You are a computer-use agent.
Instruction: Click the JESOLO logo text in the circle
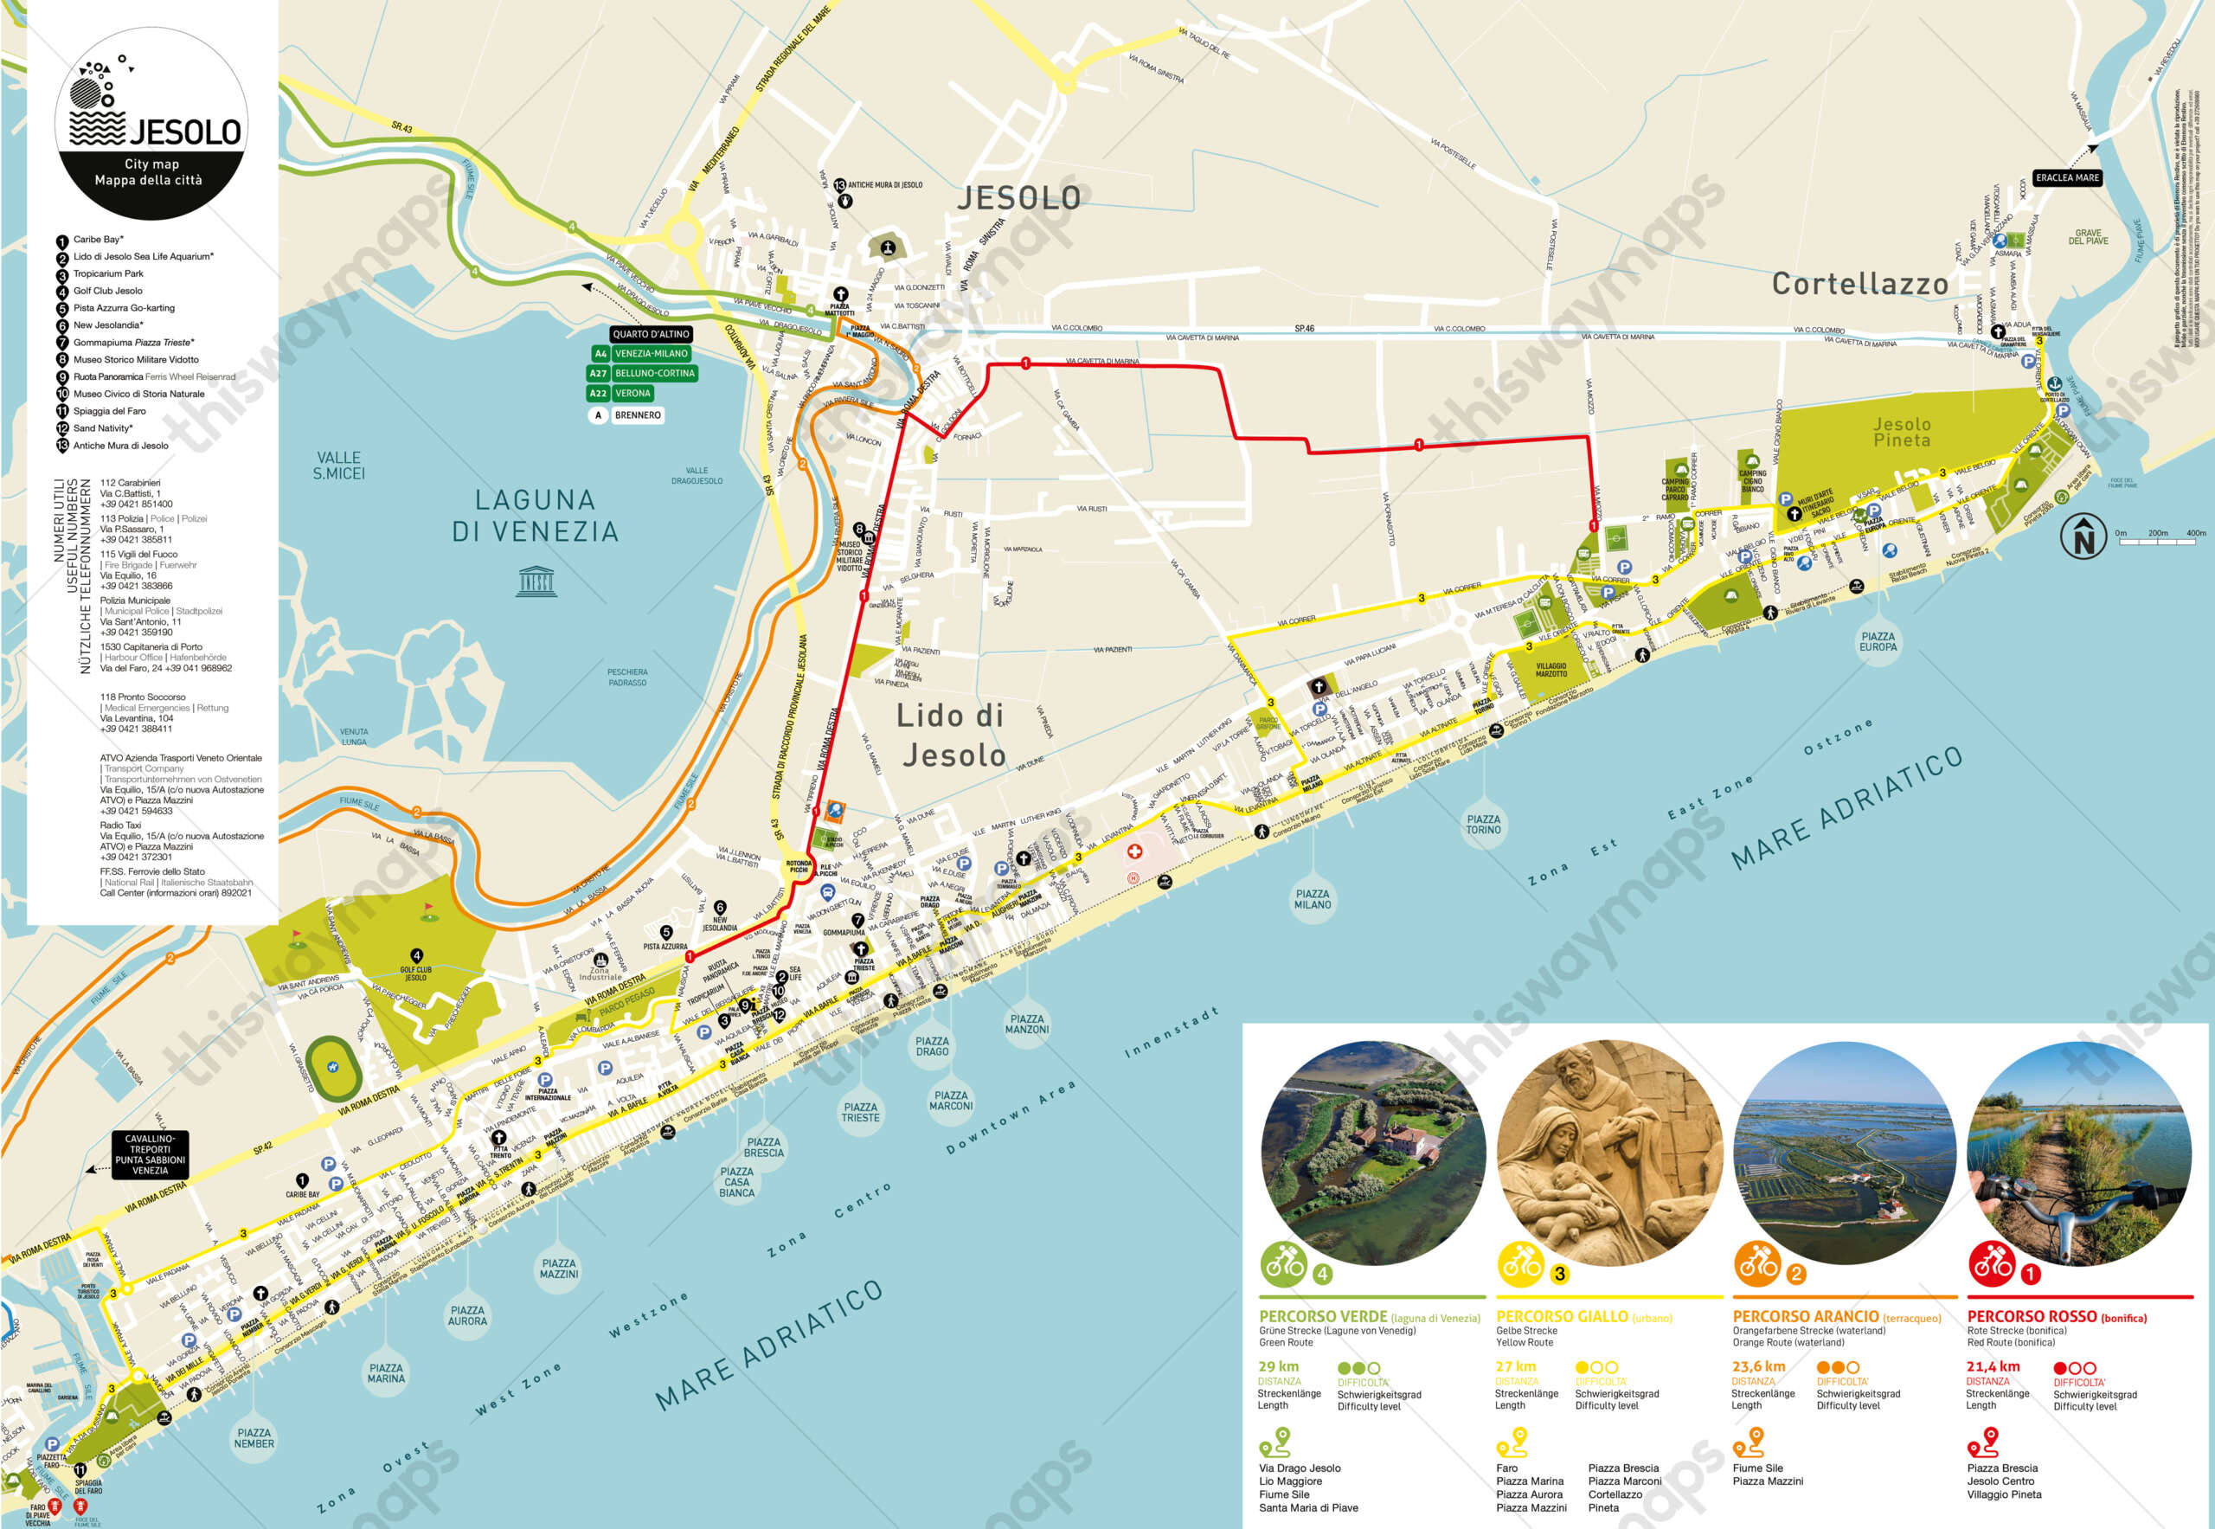point(184,132)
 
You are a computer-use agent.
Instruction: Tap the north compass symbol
point(2083,536)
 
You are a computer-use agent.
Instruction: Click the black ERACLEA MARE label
point(2066,177)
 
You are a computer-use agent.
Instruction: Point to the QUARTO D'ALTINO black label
point(651,334)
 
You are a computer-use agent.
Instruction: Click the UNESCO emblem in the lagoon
point(536,581)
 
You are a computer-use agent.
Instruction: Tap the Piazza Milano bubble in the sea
point(1312,898)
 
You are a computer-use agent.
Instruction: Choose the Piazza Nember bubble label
point(254,1438)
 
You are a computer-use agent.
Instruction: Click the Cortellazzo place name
point(1859,285)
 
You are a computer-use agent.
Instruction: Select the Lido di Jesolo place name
point(949,735)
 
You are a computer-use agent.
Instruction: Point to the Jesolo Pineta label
point(1901,432)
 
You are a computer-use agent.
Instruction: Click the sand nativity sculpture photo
point(1608,1153)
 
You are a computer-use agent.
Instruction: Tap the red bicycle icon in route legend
point(1992,1264)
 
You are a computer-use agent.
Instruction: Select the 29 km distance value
point(1278,1366)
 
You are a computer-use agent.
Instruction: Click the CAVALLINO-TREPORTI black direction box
point(150,1154)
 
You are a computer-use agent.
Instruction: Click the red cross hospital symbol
point(1134,851)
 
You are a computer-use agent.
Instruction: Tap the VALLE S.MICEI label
point(338,466)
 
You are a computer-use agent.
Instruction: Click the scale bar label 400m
point(2195,534)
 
